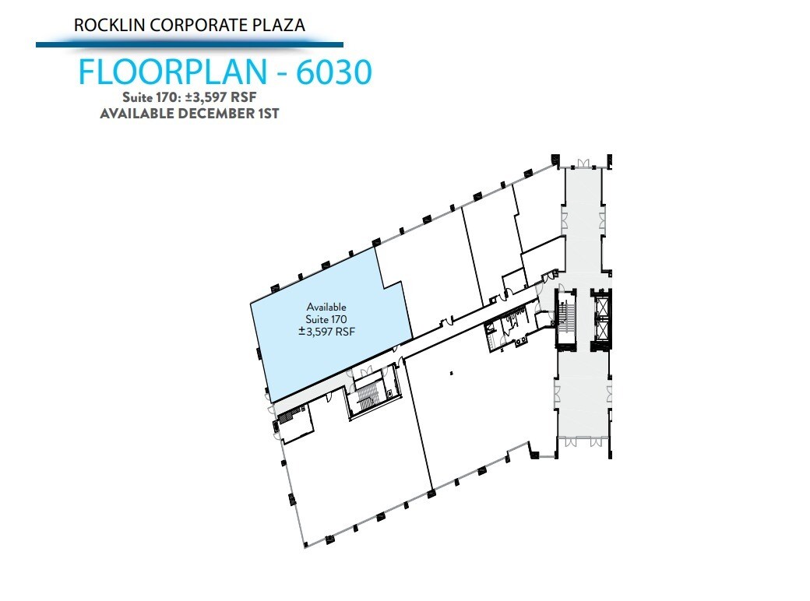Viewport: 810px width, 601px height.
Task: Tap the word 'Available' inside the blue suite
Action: [326, 307]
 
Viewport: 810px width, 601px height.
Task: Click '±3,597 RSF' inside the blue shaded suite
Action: [326, 331]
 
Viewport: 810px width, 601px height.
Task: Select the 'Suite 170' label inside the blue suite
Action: [326, 319]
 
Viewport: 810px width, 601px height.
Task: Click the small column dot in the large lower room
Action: [451, 374]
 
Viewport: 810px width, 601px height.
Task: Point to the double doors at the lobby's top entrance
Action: [582, 164]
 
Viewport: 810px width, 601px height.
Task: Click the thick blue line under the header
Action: [189, 44]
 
